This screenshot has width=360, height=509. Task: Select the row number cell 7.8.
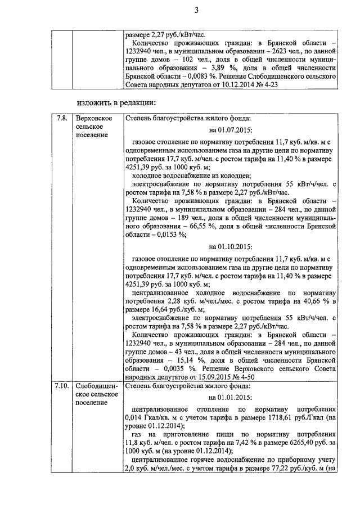pyautogui.click(x=62, y=119)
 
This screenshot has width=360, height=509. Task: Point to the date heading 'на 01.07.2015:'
pyautogui.click(x=230, y=130)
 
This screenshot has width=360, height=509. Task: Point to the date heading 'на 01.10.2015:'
pyautogui.click(x=230, y=246)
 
